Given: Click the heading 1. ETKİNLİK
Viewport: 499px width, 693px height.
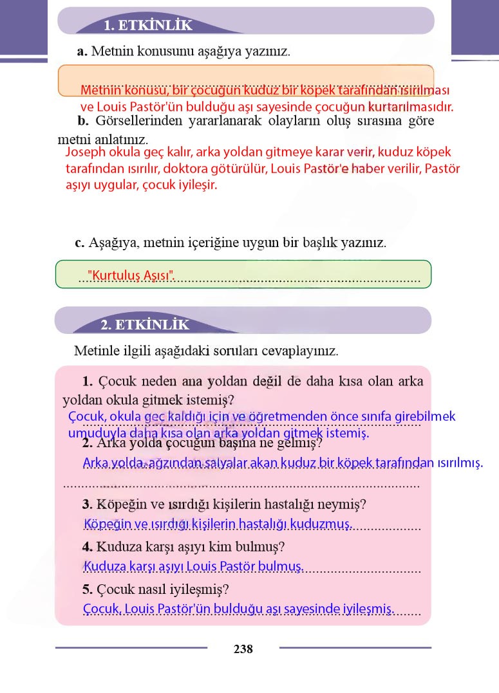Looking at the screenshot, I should pos(148,25).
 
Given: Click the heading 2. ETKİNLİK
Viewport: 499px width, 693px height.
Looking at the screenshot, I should pos(145,325).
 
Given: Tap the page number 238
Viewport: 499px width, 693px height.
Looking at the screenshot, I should pos(243,649).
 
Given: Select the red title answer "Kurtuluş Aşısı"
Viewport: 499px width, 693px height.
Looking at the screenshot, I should pos(131,275).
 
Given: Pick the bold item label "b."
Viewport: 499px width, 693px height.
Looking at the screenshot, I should pos(82,121).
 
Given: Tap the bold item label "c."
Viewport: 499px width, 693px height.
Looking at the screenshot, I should pos(80,243).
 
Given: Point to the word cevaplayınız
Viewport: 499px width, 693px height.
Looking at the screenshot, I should pos(302,351).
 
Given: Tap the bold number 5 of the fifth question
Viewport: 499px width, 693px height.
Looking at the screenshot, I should pos(87,589).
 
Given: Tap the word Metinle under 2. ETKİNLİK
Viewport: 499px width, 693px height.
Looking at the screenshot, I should pos(95,351).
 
